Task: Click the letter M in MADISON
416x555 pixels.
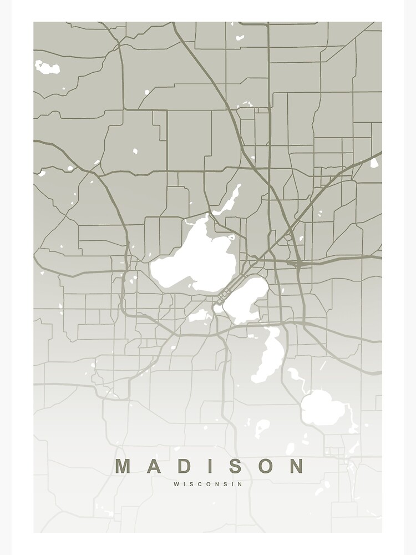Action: click(124, 466)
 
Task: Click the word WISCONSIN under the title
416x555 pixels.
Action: click(208, 484)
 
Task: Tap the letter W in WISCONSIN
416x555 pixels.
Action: click(176, 484)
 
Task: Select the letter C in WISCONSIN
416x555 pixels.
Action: click(201, 484)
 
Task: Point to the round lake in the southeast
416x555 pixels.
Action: click(319, 408)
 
